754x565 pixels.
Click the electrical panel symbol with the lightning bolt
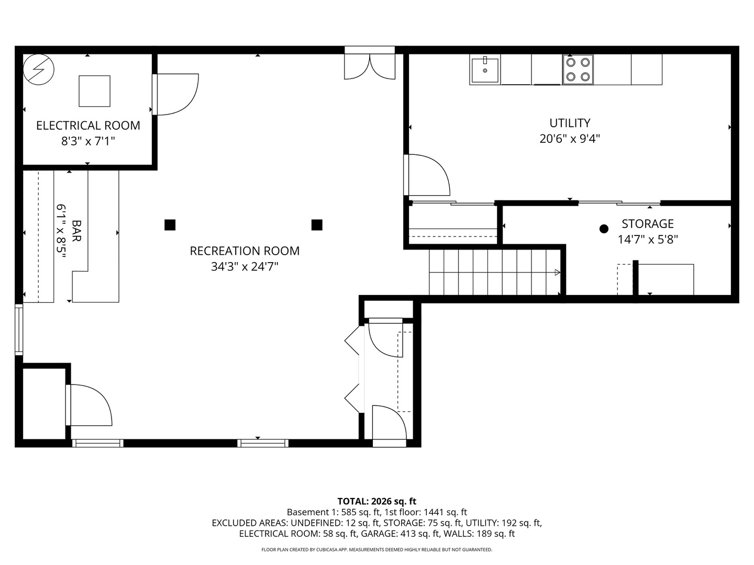(x=38, y=69)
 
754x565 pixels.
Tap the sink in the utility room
(x=485, y=70)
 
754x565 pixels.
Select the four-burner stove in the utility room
(x=578, y=69)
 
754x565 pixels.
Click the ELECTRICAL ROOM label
(x=88, y=126)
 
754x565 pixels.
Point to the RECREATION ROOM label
(x=245, y=251)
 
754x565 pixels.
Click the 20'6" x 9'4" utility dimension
(x=570, y=139)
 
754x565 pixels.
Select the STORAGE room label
(x=648, y=224)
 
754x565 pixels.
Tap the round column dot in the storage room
(x=604, y=229)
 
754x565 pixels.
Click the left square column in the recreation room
(x=170, y=225)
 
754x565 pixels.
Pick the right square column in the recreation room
(x=317, y=225)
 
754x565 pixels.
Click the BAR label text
(x=76, y=231)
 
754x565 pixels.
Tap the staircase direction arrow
(x=557, y=273)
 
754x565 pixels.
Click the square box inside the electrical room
(x=94, y=91)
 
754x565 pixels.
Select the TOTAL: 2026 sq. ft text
(x=377, y=501)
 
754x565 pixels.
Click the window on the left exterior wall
(x=19, y=330)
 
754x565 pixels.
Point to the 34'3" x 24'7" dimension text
(x=245, y=267)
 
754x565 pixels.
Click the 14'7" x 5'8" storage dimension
(x=648, y=240)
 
